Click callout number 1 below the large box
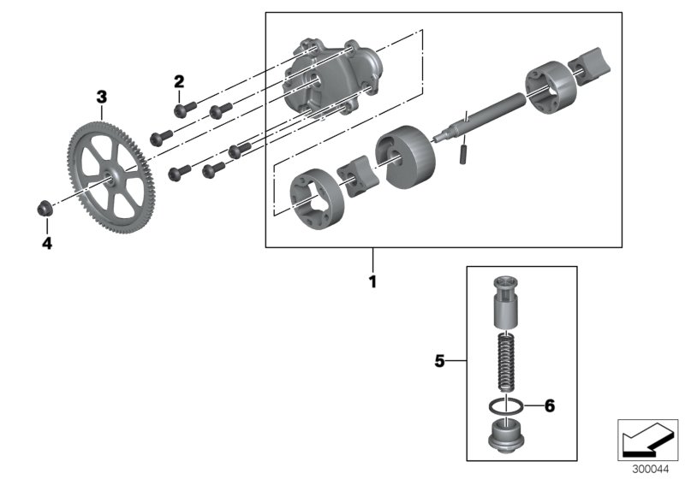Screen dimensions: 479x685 click(372, 281)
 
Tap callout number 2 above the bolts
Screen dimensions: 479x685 click(179, 82)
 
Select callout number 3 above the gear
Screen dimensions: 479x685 click(101, 98)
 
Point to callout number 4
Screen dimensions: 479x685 click(47, 244)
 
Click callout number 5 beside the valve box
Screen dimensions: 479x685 click(439, 362)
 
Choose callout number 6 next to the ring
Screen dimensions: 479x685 click(550, 406)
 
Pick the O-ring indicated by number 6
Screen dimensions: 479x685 click(509, 406)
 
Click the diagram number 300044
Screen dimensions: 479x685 click(648, 470)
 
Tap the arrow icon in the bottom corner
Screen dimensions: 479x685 click(647, 440)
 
